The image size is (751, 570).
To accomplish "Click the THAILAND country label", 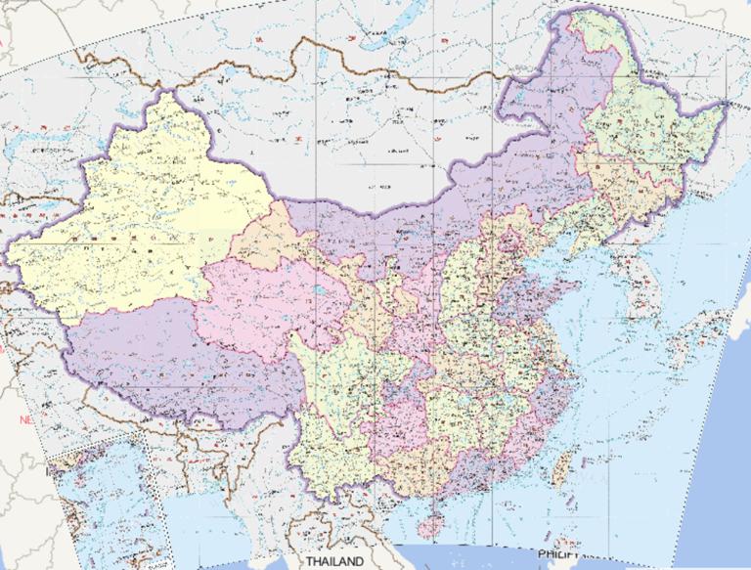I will pos(334,561).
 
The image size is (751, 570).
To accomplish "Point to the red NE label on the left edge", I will pos(26,419).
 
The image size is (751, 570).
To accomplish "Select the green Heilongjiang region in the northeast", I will pos(636,127).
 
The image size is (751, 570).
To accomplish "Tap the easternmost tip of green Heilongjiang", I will pos(726,102).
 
